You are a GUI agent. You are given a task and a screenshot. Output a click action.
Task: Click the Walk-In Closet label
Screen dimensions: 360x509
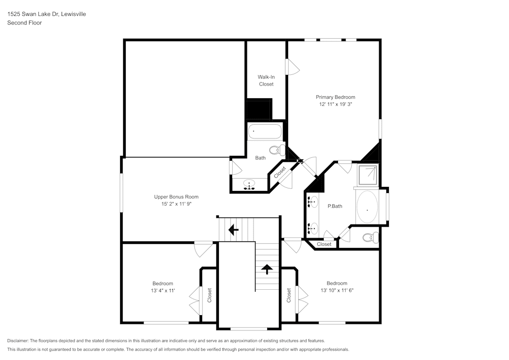[266, 80]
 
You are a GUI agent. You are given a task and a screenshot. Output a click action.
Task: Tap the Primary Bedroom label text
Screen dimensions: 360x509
[335, 97]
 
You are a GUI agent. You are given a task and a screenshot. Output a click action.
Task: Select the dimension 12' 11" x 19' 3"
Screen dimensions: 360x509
[335, 104]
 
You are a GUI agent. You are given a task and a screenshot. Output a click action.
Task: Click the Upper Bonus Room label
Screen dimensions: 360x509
[176, 197]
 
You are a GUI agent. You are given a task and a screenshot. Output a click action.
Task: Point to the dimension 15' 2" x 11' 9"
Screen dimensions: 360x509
[176, 204]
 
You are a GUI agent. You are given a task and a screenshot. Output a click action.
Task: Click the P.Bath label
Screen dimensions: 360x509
[334, 206]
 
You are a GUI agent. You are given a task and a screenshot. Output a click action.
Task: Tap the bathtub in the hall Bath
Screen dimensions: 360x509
[265, 132]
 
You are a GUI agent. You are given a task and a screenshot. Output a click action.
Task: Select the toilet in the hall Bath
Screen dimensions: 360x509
[276, 150]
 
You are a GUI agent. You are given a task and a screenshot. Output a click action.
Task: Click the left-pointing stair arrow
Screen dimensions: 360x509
[234, 230]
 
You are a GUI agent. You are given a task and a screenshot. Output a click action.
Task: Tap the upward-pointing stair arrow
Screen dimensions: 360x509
[266, 269]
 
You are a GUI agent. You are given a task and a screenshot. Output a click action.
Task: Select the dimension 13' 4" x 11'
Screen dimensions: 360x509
[163, 290]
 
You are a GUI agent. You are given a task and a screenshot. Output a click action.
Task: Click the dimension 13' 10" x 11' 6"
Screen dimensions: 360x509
[337, 290]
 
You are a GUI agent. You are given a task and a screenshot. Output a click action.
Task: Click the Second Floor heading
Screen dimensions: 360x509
[24, 23]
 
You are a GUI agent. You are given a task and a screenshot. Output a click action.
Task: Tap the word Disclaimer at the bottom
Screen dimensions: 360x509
[18, 341]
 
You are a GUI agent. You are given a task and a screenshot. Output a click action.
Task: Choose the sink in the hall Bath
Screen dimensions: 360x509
[249, 184]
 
